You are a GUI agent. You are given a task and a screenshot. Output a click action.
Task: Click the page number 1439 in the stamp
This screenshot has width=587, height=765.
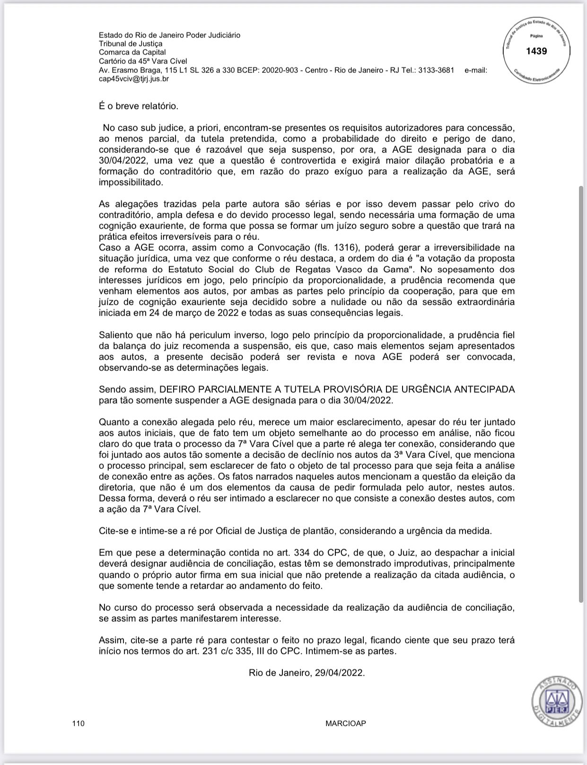click(x=536, y=51)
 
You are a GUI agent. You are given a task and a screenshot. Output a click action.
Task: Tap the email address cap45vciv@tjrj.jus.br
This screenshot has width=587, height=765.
click(x=134, y=79)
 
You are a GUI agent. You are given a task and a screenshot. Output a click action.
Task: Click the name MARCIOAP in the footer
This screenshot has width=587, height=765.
click(x=346, y=723)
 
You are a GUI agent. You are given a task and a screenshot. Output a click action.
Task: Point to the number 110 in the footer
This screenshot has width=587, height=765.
click(x=79, y=723)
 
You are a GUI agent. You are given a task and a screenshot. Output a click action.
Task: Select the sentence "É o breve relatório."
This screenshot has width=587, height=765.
click(x=139, y=106)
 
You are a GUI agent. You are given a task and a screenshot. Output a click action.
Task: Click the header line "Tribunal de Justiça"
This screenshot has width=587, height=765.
click(x=131, y=44)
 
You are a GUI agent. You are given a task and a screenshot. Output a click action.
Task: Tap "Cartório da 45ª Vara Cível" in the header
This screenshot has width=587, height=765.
click(x=143, y=61)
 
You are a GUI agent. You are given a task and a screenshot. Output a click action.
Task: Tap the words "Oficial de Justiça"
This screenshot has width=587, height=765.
click(x=246, y=531)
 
